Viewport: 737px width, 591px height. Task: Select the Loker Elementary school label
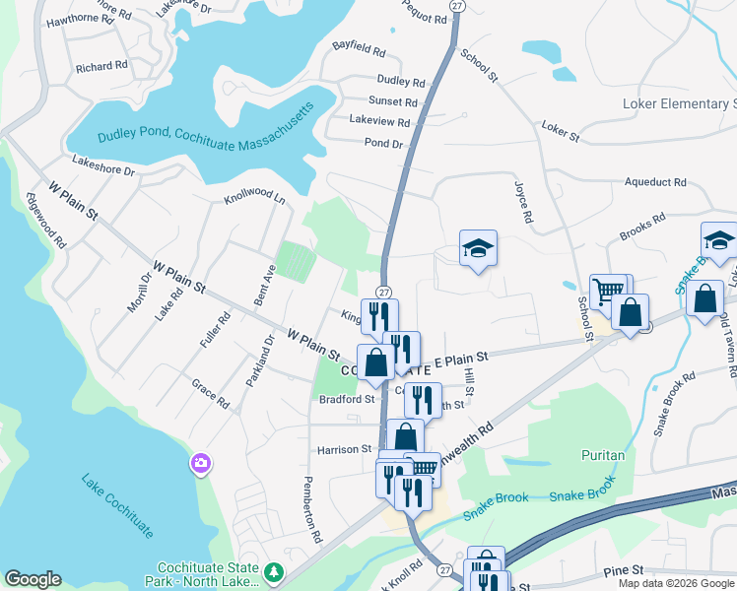point(680,103)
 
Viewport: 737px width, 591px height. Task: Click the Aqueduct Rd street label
point(655,182)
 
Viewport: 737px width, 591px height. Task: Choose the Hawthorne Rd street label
point(88,19)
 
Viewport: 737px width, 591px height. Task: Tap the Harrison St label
point(345,449)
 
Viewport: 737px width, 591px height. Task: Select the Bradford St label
point(347,399)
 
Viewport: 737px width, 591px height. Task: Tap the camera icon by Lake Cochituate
point(201,462)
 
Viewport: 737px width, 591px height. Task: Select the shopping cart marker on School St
point(608,291)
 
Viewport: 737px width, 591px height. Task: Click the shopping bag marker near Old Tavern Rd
point(705,299)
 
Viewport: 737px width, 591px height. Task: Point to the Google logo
point(33,579)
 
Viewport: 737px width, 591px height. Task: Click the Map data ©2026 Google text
point(675,583)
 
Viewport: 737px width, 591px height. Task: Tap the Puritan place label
point(603,455)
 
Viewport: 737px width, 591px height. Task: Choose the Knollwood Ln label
point(254,198)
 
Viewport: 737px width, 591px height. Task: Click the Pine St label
point(623,569)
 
